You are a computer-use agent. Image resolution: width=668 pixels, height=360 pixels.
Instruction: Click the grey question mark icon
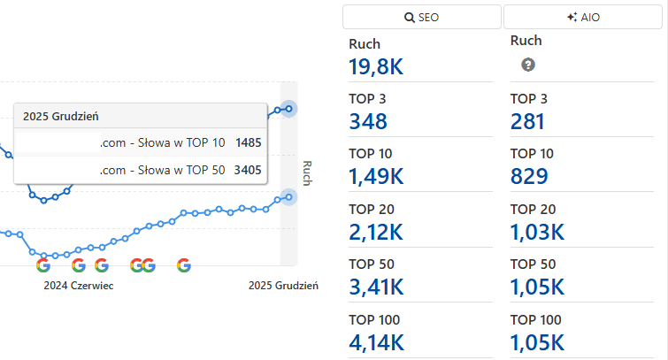pos(528,65)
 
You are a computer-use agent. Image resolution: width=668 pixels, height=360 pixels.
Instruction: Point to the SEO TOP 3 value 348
pos(369,121)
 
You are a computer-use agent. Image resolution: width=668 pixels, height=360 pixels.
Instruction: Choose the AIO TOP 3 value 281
pos(529,121)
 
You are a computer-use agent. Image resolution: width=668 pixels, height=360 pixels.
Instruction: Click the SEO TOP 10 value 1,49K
pos(377,176)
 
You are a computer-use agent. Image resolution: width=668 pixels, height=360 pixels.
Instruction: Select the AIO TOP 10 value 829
pos(529,176)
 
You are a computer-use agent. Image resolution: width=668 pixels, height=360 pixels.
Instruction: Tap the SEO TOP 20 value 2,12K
pos(377,232)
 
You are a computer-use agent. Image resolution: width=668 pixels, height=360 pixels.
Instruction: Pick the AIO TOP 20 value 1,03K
pos(537,232)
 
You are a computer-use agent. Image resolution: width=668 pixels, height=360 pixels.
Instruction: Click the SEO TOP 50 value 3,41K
pos(377,287)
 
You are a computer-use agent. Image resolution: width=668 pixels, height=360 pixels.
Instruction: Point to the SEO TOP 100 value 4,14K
pos(377,342)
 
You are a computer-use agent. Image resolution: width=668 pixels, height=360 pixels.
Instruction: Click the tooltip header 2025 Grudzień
pos(60,117)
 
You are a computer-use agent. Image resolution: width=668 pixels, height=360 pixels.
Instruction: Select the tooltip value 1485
pos(249,142)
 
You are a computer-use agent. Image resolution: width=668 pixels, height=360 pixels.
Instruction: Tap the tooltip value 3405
pos(249,170)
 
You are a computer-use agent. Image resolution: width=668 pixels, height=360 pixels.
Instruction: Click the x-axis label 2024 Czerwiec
pos(79,286)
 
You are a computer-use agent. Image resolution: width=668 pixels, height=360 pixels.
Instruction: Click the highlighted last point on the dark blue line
pos(288,109)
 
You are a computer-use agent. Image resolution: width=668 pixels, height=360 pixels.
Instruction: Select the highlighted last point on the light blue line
pos(288,197)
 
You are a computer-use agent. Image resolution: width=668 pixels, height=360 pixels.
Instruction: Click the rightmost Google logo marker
pos(184,264)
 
